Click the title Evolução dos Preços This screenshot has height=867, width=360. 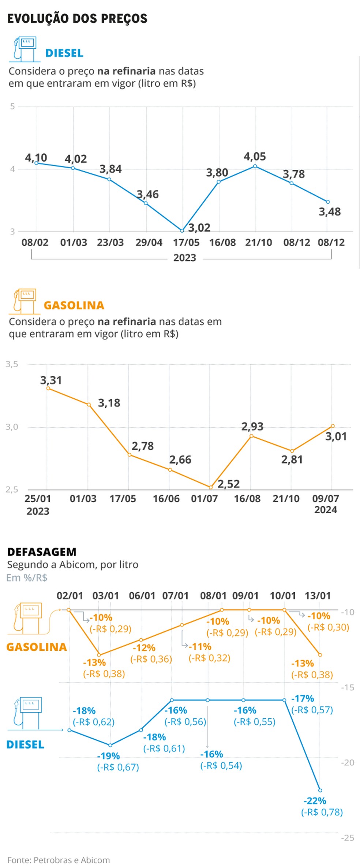(x=77, y=19)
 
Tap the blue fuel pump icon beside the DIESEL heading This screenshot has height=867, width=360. (x=25, y=49)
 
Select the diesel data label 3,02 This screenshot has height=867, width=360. (x=199, y=228)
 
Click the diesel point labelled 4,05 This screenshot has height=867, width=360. (x=255, y=166)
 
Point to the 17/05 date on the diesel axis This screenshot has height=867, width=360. (x=186, y=243)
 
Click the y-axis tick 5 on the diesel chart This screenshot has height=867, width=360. (x=12, y=106)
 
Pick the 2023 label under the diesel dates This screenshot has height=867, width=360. (x=184, y=258)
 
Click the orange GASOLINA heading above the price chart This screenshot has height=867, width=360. (x=74, y=305)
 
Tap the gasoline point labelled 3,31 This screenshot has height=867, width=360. (x=48, y=389)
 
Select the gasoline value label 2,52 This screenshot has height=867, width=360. (x=229, y=484)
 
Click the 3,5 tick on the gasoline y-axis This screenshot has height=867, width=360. (x=12, y=364)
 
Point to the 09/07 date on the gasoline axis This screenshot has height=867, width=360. (x=325, y=499)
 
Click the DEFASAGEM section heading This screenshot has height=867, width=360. (x=42, y=552)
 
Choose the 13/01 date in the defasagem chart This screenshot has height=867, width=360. (x=317, y=596)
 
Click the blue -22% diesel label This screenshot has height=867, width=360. (x=315, y=801)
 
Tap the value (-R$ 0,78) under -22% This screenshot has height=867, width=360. (x=322, y=812)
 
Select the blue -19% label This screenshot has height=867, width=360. (x=108, y=756)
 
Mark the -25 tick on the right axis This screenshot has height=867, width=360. (x=348, y=838)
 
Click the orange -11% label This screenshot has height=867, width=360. (x=200, y=646)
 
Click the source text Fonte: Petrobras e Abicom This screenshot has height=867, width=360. (x=59, y=860)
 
